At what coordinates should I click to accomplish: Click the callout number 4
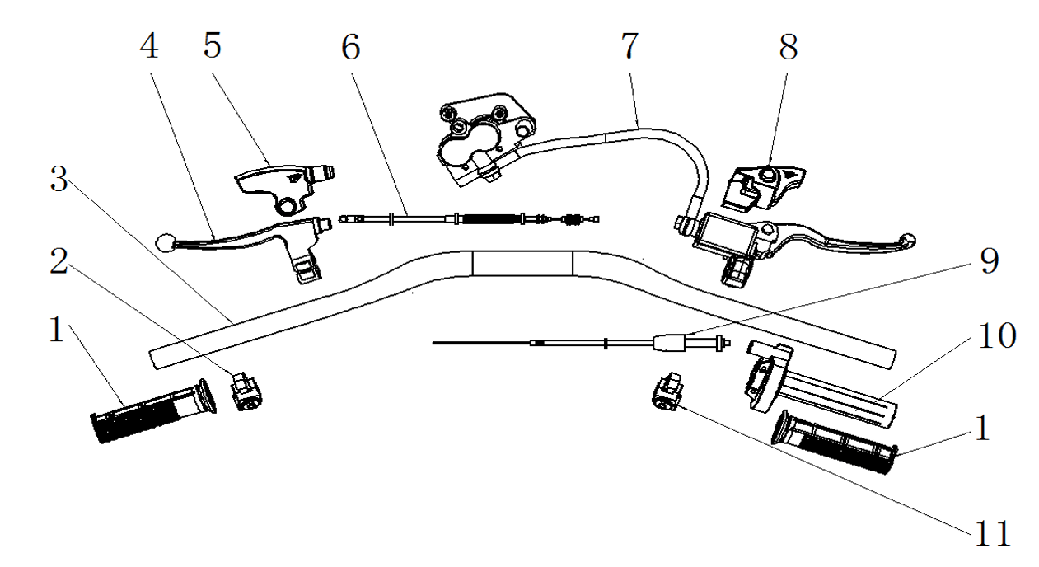pyautogui.click(x=148, y=48)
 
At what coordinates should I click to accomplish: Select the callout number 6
pyautogui.click(x=351, y=48)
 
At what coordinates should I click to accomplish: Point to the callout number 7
pyautogui.click(x=629, y=47)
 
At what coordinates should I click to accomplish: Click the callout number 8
pyautogui.click(x=789, y=47)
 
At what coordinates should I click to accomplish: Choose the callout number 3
pyautogui.click(x=58, y=179)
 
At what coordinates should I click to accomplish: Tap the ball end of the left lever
pyautogui.click(x=164, y=241)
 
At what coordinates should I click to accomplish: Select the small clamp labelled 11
pyautogui.click(x=667, y=391)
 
